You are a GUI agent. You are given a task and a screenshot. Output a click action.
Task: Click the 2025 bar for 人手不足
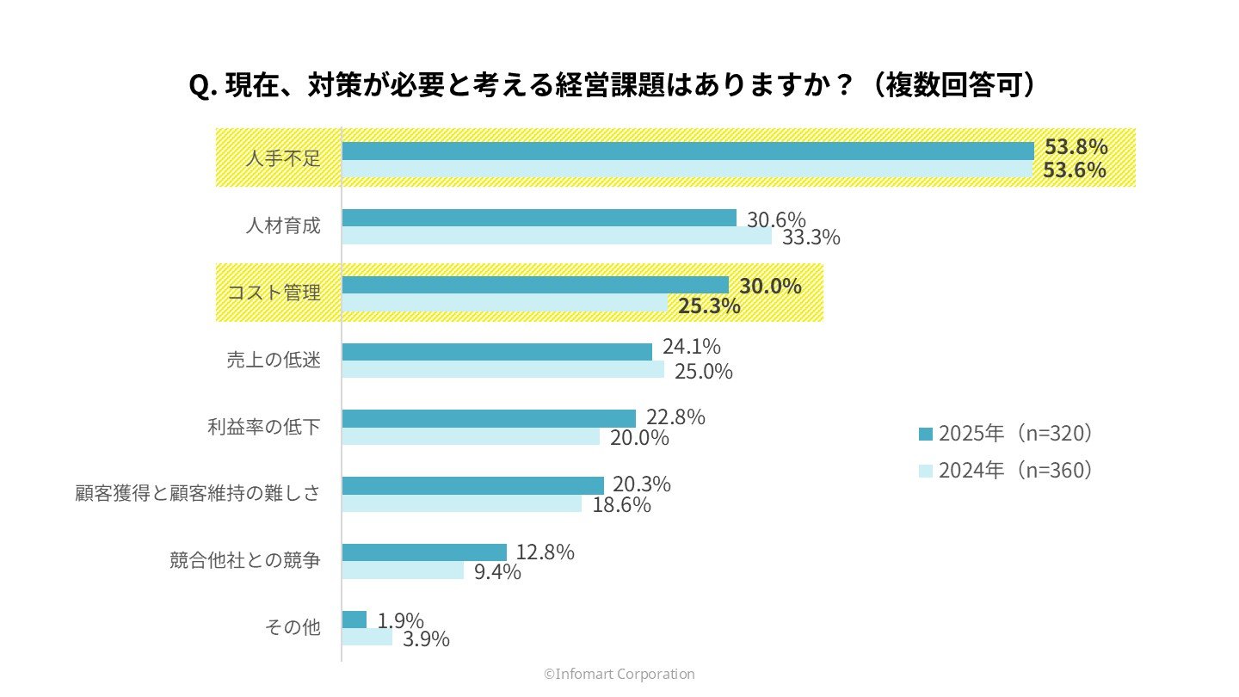(687, 151)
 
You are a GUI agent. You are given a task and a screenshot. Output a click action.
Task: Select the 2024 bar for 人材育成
(557, 236)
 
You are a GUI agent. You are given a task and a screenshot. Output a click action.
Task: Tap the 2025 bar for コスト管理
(535, 285)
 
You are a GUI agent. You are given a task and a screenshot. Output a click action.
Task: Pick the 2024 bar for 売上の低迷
(503, 370)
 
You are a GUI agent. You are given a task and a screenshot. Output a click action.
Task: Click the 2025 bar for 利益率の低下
(489, 418)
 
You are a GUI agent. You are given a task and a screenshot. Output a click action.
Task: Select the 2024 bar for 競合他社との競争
(403, 571)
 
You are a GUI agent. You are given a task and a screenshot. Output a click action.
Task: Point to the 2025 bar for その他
(354, 620)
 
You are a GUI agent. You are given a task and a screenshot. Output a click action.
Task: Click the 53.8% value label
(1075, 146)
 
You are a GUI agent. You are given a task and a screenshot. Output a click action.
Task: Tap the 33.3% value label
(811, 237)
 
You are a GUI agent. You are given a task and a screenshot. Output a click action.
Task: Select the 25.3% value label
(709, 305)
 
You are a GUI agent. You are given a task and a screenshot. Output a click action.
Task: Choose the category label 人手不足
(282, 159)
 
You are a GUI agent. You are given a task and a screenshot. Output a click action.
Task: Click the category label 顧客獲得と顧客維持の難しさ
(198, 494)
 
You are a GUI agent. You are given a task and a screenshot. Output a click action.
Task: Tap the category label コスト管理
(274, 293)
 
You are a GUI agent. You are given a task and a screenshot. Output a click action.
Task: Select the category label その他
(292, 628)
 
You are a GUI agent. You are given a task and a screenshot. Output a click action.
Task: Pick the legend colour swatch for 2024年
(926, 471)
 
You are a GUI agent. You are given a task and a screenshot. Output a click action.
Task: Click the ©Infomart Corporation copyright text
(619, 675)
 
